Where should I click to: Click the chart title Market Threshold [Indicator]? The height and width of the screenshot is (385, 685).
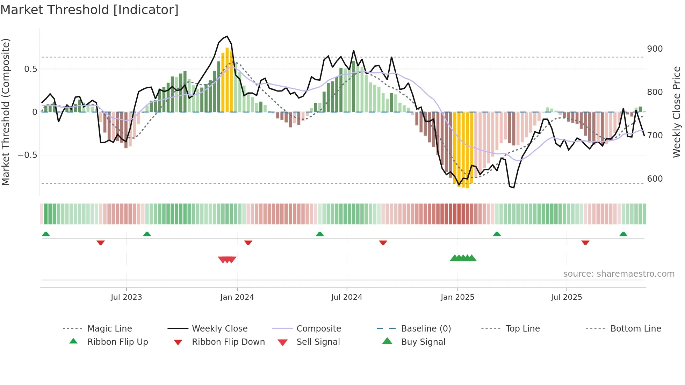tap(89, 10)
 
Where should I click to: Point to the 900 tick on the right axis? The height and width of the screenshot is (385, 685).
tap(655, 49)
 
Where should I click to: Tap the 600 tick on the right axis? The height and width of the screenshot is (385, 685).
tap(655, 179)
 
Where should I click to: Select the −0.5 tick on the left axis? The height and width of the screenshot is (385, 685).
tap(27, 155)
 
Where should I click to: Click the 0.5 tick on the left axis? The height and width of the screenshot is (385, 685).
tap(30, 69)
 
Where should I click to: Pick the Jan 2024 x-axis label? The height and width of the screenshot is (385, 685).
tap(237, 297)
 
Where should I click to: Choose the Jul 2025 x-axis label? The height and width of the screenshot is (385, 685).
tap(566, 297)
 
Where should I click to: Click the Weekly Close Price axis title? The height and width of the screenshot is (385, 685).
tap(677, 112)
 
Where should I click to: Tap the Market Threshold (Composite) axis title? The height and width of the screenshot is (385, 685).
tap(6, 112)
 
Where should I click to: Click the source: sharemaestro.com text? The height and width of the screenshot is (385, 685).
tap(619, 274)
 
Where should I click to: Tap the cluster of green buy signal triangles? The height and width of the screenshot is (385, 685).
tap(463, 258)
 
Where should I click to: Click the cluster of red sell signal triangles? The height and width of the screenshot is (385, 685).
tap(227, 260)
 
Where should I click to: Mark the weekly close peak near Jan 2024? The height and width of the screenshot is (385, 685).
tap(227, 36)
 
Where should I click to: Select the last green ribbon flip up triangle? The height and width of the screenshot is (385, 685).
tap(623, 234)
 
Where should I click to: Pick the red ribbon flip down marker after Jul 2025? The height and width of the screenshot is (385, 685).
tap(585, 242)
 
